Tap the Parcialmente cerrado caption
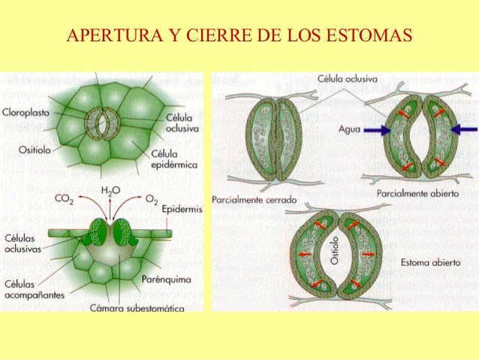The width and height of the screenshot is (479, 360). click(254, 201)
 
